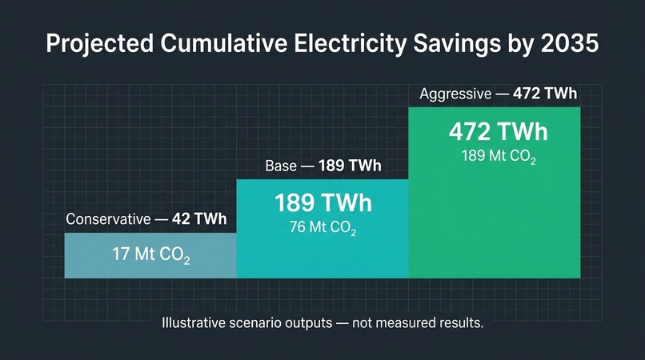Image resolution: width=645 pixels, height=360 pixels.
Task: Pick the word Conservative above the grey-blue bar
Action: coord(108,219)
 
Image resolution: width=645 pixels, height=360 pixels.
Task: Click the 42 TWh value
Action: coord(199,219)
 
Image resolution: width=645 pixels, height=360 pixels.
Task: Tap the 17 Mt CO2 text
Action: coord(151,254)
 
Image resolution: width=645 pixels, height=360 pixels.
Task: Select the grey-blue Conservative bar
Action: coord(150,255)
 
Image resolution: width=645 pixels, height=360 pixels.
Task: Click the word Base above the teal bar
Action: coord(281,166)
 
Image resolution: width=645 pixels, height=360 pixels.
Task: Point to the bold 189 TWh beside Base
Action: coord(350,166)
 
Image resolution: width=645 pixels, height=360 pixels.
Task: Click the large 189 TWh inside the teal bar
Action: coord(323,203)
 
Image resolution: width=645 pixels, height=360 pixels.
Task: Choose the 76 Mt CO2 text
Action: coord(323,227)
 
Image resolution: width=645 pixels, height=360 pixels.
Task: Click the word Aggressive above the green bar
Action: coord(455,94)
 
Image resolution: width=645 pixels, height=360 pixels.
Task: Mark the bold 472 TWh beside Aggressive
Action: coord(545,94)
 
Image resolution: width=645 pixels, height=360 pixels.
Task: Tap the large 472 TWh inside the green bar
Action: coord(499,132)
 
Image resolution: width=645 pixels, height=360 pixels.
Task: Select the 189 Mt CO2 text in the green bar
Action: coord(499,157)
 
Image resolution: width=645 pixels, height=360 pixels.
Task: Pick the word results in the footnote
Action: coord(462,323)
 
